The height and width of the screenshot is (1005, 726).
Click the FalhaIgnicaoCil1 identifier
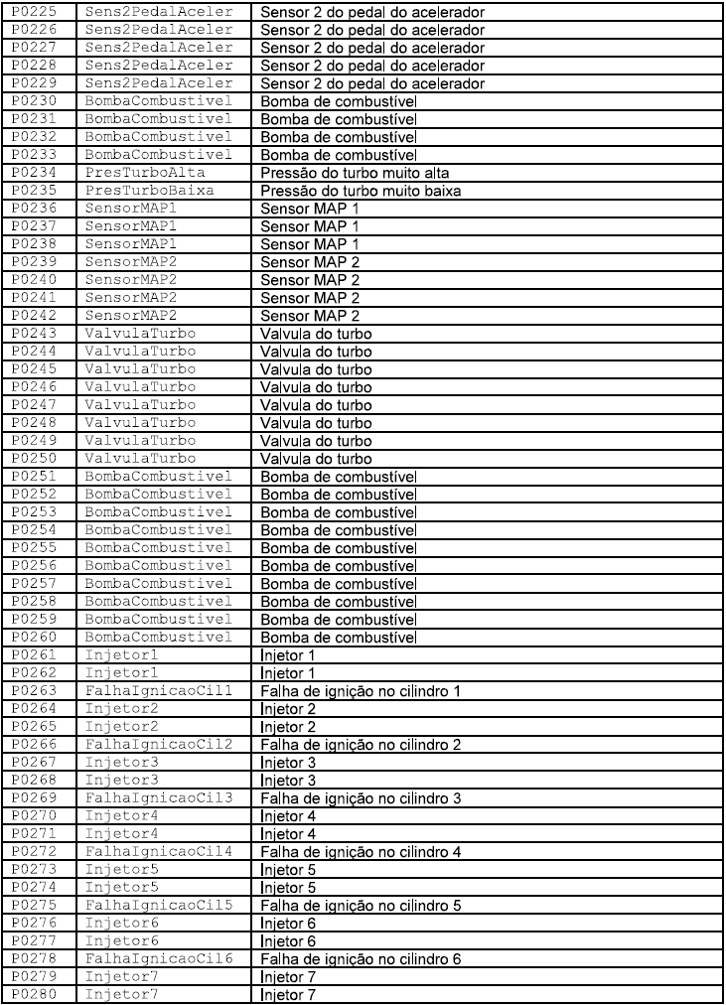159,691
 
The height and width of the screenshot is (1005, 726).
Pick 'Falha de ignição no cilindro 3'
361,798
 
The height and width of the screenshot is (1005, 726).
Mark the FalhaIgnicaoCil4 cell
159,852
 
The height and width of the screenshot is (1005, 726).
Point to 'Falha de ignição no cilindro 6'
361,959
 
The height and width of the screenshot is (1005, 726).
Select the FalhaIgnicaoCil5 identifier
159,906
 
